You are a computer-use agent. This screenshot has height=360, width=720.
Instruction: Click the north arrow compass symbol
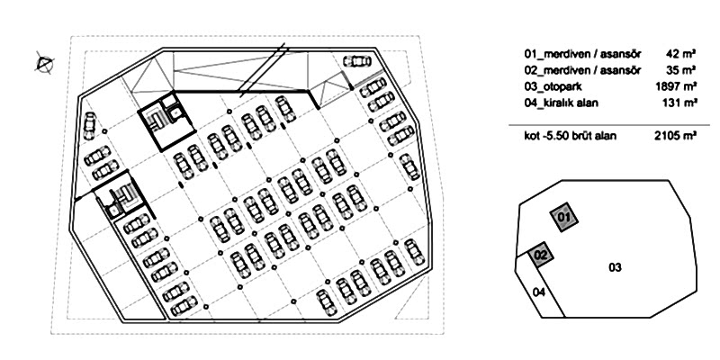[44, 63]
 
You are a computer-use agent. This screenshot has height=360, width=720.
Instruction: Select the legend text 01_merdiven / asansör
[582, 54]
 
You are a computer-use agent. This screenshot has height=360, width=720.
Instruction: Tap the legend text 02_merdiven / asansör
[582, 70]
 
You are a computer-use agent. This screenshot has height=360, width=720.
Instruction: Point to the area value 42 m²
[681, 54]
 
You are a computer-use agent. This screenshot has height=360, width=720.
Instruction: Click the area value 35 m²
[681, 70]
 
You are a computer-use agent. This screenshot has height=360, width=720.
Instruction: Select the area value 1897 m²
[677, 86]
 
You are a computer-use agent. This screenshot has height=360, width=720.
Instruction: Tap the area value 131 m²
[679, 103]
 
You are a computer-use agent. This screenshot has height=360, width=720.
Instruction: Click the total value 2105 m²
[676, 136]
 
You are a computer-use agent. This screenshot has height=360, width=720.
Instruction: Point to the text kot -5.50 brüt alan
[571, 136]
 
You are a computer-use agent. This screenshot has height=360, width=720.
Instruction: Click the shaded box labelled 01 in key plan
[564, 217]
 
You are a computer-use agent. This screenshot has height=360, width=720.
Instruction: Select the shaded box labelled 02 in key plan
[541, 255]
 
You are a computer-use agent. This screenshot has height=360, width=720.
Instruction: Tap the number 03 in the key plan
[615, 267]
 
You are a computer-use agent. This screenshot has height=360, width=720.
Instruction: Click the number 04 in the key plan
[539, 292]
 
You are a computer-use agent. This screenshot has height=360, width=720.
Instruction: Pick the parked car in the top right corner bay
[356, 61]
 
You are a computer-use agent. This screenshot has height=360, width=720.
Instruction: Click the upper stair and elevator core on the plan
[166, 121]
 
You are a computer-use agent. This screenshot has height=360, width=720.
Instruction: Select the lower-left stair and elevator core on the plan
[119, 195]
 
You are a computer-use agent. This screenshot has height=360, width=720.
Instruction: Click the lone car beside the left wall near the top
[89, 125]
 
